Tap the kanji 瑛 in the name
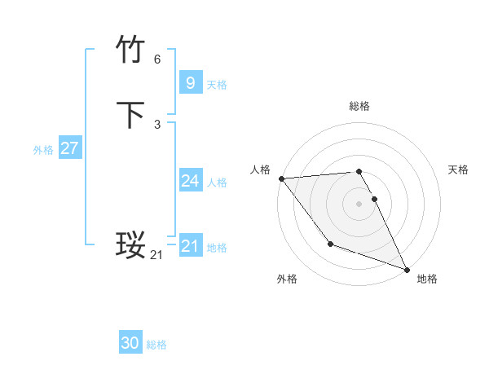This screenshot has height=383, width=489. [x=131, y=244]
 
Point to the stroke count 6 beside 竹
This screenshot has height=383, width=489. [x=157, y=59]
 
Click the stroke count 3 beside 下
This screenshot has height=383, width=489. [x=157, y=125]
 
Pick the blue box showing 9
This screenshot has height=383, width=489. [x=190, y=82]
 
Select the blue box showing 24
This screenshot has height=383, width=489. [x=190, y=180]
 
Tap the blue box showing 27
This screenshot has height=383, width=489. [x=69, y=148]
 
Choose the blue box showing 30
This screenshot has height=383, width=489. [x=130, y=343]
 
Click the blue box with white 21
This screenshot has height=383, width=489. [x=190, y=245]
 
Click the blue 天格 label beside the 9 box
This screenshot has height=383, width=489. [x=217, y=85]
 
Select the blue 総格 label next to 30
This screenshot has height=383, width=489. [x=156, y=346]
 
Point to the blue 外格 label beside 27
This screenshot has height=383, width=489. [x=43, y=151]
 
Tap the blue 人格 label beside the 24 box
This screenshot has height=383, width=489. [x=217, y=183]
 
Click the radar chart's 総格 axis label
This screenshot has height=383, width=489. [x=359, y=106]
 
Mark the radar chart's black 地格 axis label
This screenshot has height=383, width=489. [x=427, y=279]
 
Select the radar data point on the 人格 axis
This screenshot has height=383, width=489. [x=281, y=178]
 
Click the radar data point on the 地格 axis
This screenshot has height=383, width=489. [x=407, y=269]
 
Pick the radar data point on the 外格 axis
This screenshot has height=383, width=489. [x=330, y=244]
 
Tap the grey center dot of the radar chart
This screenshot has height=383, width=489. [x=359, y=204]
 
